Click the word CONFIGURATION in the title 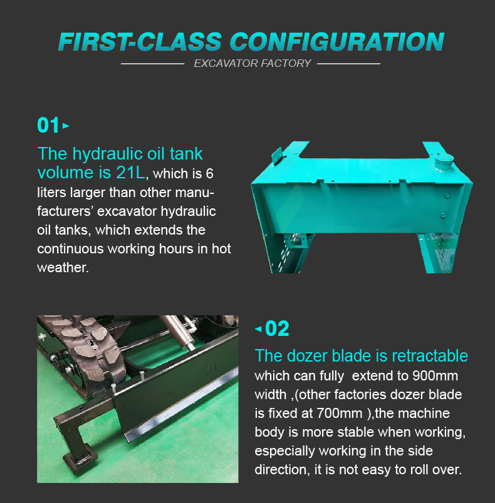click(337, 41)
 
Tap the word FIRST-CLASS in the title click(139, 41)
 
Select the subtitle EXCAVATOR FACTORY click(252, 63)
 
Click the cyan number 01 click(48, 125)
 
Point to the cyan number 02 click(278, 328)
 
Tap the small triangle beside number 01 click(66, 126)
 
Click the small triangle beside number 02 click(258, 328)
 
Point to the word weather click(63, 267)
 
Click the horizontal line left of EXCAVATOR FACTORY click(152, 63)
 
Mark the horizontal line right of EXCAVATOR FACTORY click(350, 63)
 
